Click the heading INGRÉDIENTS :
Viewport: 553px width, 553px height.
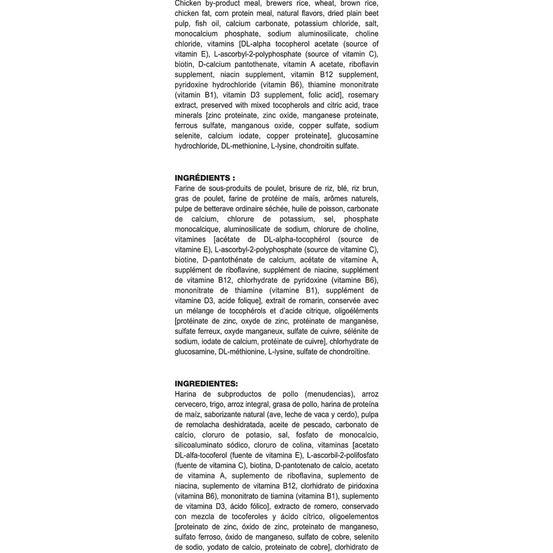[205, 178]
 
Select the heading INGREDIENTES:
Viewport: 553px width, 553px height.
[206, 384]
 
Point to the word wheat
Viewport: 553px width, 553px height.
[325, 3]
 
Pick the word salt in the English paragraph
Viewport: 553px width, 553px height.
[371, 23]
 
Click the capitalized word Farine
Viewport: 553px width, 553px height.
[185, 188]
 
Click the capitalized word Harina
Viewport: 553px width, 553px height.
[185, 394]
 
